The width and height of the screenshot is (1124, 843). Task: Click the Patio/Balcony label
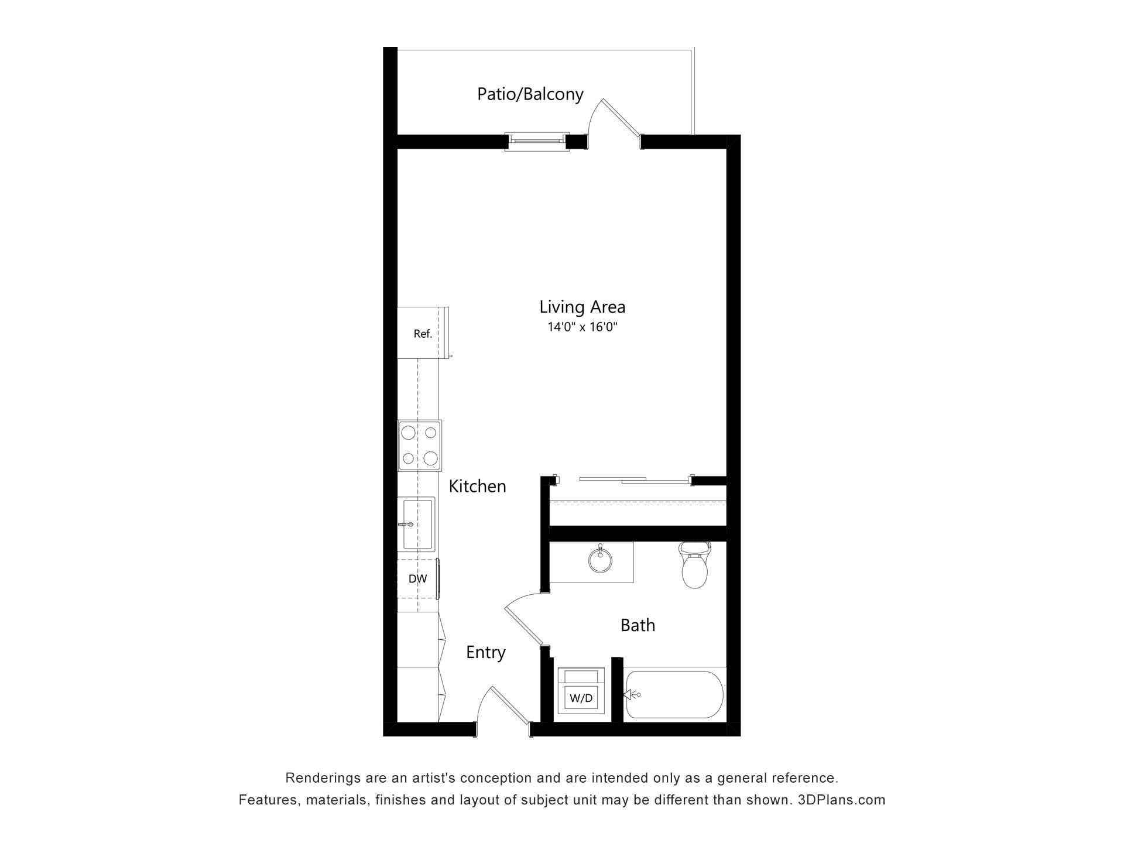coord(530,94)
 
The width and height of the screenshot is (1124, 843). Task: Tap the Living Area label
coord(582,307)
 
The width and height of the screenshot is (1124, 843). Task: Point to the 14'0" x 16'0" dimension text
coord(582,327)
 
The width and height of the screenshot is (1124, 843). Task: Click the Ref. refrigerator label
coord(423,334)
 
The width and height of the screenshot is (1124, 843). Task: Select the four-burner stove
coord(420,446)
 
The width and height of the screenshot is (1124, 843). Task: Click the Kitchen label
coord(477,486)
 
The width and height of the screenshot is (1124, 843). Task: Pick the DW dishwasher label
coord(417,579)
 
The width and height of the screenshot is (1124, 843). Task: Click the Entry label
coord(485,653)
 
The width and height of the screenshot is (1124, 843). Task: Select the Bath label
coord(638,625)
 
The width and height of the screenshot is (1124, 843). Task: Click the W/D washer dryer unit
coord(581,691)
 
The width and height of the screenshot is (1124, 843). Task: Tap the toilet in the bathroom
coord(694,565)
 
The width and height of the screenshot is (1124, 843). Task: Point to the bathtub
coord(674,695)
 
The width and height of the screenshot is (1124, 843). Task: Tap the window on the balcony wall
coord(537,142)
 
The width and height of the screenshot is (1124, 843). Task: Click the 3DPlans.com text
coord(841,800)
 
